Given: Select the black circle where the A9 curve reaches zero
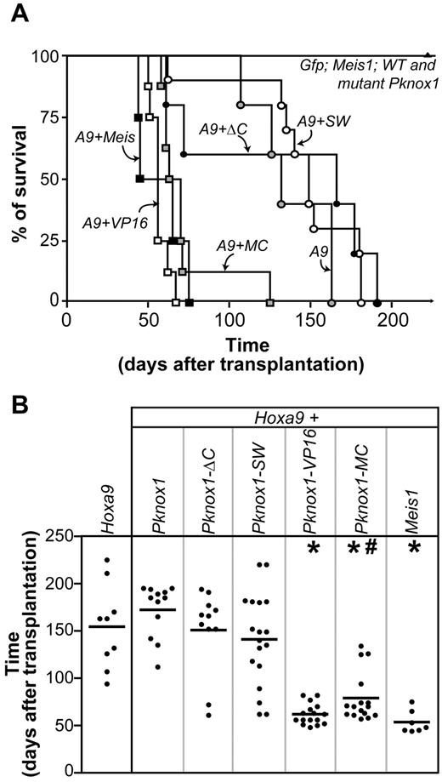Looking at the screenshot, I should click(377, 302).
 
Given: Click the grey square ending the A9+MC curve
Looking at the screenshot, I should click(269, 302).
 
